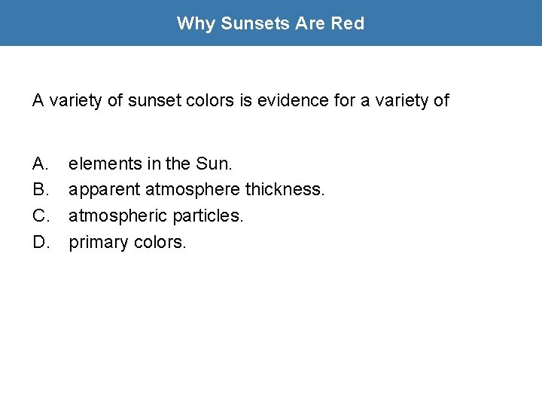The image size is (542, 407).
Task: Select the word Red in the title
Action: (348, 23)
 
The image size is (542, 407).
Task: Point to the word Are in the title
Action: (311, 23)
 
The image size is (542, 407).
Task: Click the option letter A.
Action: (40, 163)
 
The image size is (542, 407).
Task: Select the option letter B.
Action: (40, 189)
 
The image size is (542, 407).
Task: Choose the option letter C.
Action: (41, 216)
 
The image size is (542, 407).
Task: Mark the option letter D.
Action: (41, 242)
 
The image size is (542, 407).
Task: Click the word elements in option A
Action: (99, 163)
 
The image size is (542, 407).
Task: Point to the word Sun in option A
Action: (211, 163)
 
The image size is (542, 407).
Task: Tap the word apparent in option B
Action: (105, 189)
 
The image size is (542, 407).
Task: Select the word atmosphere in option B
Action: (193, 189)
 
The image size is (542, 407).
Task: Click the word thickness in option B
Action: (285, 189)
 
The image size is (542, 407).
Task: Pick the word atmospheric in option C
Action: (118, 216)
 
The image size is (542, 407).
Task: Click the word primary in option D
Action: (99, 243)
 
